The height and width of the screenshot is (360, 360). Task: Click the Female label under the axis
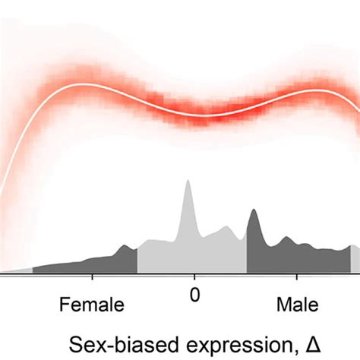(92, 305)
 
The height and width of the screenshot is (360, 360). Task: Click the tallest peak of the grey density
(187, 182)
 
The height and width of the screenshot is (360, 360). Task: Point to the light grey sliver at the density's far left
(19, 270)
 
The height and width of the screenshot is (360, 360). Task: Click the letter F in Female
(64, 305)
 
